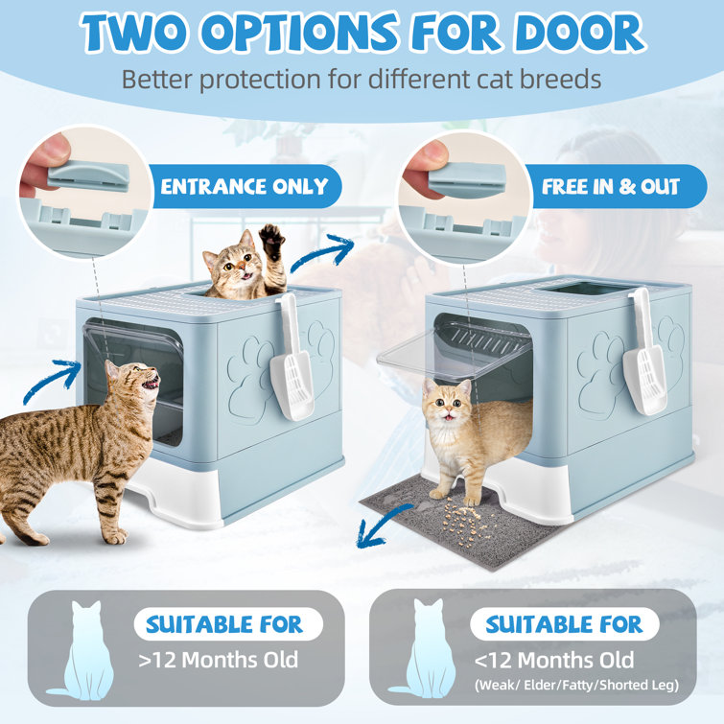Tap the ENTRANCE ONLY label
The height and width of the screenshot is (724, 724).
244,186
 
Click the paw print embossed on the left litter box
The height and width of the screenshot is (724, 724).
248,365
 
